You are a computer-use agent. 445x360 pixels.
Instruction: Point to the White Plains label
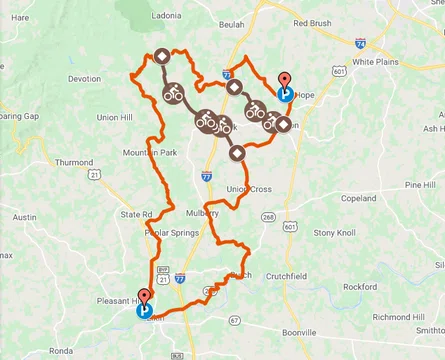[376, 61]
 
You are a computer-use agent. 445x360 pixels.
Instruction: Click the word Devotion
[84, 79]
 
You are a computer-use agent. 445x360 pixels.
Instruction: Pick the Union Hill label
[116, 117]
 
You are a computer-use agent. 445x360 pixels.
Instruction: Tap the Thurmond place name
[74, 162]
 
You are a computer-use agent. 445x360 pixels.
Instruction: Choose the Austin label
[24, 217]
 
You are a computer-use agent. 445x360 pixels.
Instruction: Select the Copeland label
[358, 199]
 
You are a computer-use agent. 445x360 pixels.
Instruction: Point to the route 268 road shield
[268, 216]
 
